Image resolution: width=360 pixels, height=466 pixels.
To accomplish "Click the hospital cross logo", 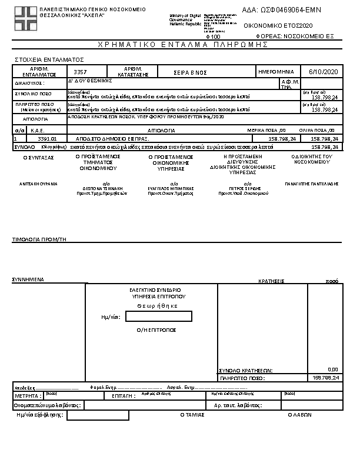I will point(25,18).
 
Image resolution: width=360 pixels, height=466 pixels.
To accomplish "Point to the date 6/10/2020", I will point(321,71).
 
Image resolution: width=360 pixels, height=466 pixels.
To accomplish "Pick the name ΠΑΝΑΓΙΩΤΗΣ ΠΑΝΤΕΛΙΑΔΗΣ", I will point(311,184).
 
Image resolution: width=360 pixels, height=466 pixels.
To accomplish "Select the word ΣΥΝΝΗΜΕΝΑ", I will point(29,279).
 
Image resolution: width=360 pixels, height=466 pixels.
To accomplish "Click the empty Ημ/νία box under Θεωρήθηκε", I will point(158,317).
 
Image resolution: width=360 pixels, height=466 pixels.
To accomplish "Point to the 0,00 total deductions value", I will point(332,370).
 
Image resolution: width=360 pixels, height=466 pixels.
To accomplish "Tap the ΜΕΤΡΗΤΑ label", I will point(26,396).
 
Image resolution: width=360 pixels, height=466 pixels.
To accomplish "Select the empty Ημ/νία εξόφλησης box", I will point(98,415).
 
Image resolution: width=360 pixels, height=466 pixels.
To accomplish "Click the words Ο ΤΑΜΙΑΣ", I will point(192,415).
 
